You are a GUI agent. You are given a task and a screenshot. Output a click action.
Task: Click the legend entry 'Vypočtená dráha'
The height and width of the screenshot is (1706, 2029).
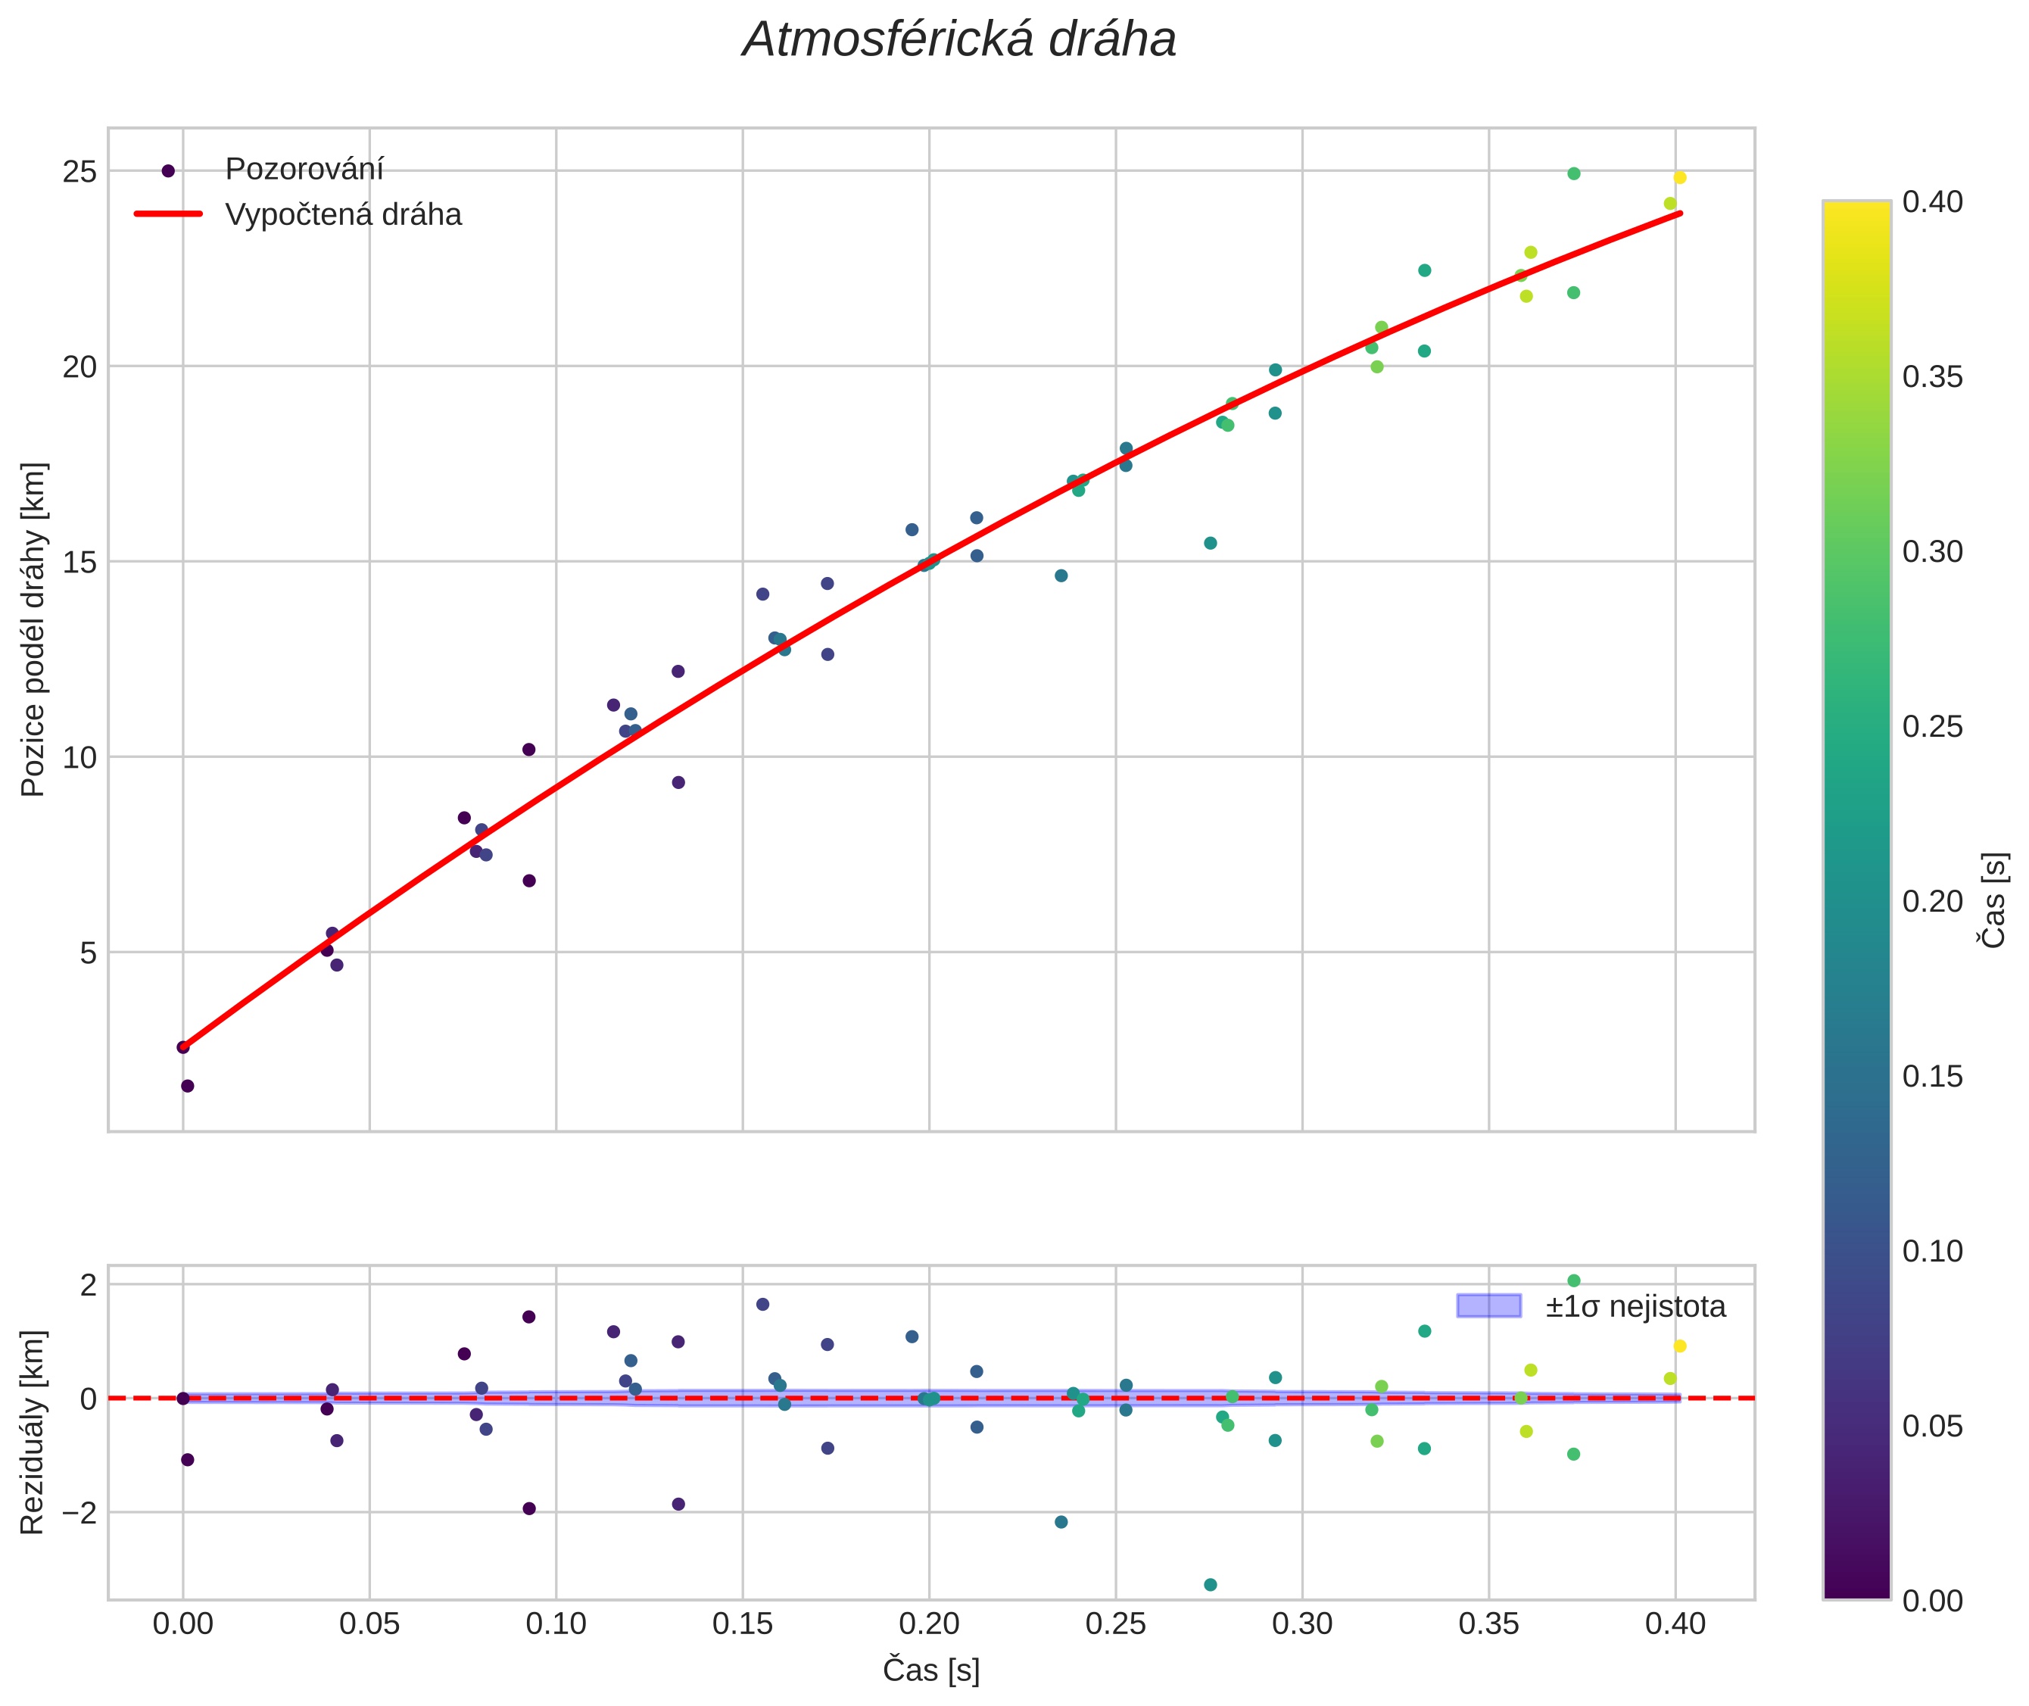point(343,215)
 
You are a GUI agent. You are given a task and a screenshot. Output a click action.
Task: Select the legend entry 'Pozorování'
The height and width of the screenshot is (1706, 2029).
point(304,170)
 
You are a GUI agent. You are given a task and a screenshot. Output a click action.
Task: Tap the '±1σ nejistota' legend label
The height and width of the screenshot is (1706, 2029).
point(1635,1307)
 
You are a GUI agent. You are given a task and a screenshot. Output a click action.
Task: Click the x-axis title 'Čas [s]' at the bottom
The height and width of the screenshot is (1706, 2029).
point(930,1669)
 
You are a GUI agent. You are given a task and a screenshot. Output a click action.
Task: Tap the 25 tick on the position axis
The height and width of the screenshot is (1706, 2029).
point(80,172)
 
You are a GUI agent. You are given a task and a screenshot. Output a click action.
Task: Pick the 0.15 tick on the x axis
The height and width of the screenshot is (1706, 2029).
point(742,1623)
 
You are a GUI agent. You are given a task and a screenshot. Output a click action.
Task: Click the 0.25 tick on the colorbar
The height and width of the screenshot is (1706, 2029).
point(1932,726)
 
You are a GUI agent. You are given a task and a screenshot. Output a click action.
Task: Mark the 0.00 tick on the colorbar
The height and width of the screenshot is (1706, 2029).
point(1932,1601)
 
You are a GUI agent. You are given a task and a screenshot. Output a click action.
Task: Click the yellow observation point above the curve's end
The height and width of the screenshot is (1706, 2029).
point(1680,178)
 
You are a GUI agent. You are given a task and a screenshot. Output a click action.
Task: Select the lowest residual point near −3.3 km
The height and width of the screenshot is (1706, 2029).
point(1210,1585)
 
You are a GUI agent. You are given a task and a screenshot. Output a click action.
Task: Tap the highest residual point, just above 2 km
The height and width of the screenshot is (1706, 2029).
point(1573,1280)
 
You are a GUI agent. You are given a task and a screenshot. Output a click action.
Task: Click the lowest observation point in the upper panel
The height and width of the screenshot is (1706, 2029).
point(188,1086)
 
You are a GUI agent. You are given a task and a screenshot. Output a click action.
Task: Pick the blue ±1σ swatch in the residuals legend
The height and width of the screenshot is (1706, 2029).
point(1488,1305)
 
